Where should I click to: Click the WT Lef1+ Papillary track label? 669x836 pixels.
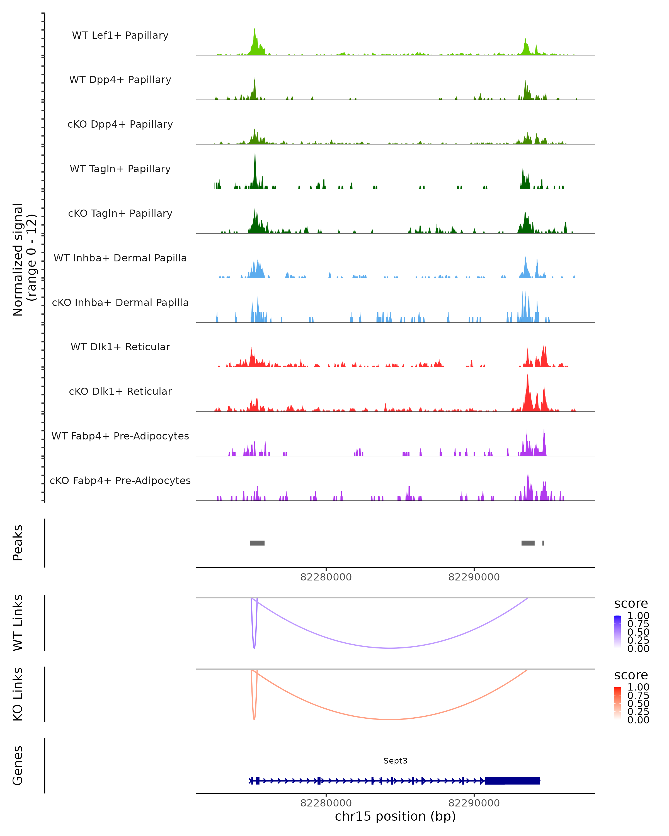point(120,36)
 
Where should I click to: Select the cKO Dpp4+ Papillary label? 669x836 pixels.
point(120,125)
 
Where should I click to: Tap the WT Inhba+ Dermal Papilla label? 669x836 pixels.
point(120,258)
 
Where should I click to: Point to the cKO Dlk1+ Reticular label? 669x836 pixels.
point(120,392)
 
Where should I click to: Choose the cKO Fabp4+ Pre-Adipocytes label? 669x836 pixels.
point(120,481)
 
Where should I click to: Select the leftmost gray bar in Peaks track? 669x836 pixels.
point(257,543)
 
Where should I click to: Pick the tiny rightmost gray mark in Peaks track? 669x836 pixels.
point(543,543)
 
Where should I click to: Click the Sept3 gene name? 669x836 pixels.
point(395,761)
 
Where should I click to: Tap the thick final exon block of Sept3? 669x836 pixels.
point(512,781)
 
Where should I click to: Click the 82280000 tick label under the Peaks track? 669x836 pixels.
point(326,577)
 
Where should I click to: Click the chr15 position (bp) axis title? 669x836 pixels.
point(395,816)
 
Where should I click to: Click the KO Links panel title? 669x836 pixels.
point(18,694)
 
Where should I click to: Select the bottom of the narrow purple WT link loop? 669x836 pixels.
point(254,648)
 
